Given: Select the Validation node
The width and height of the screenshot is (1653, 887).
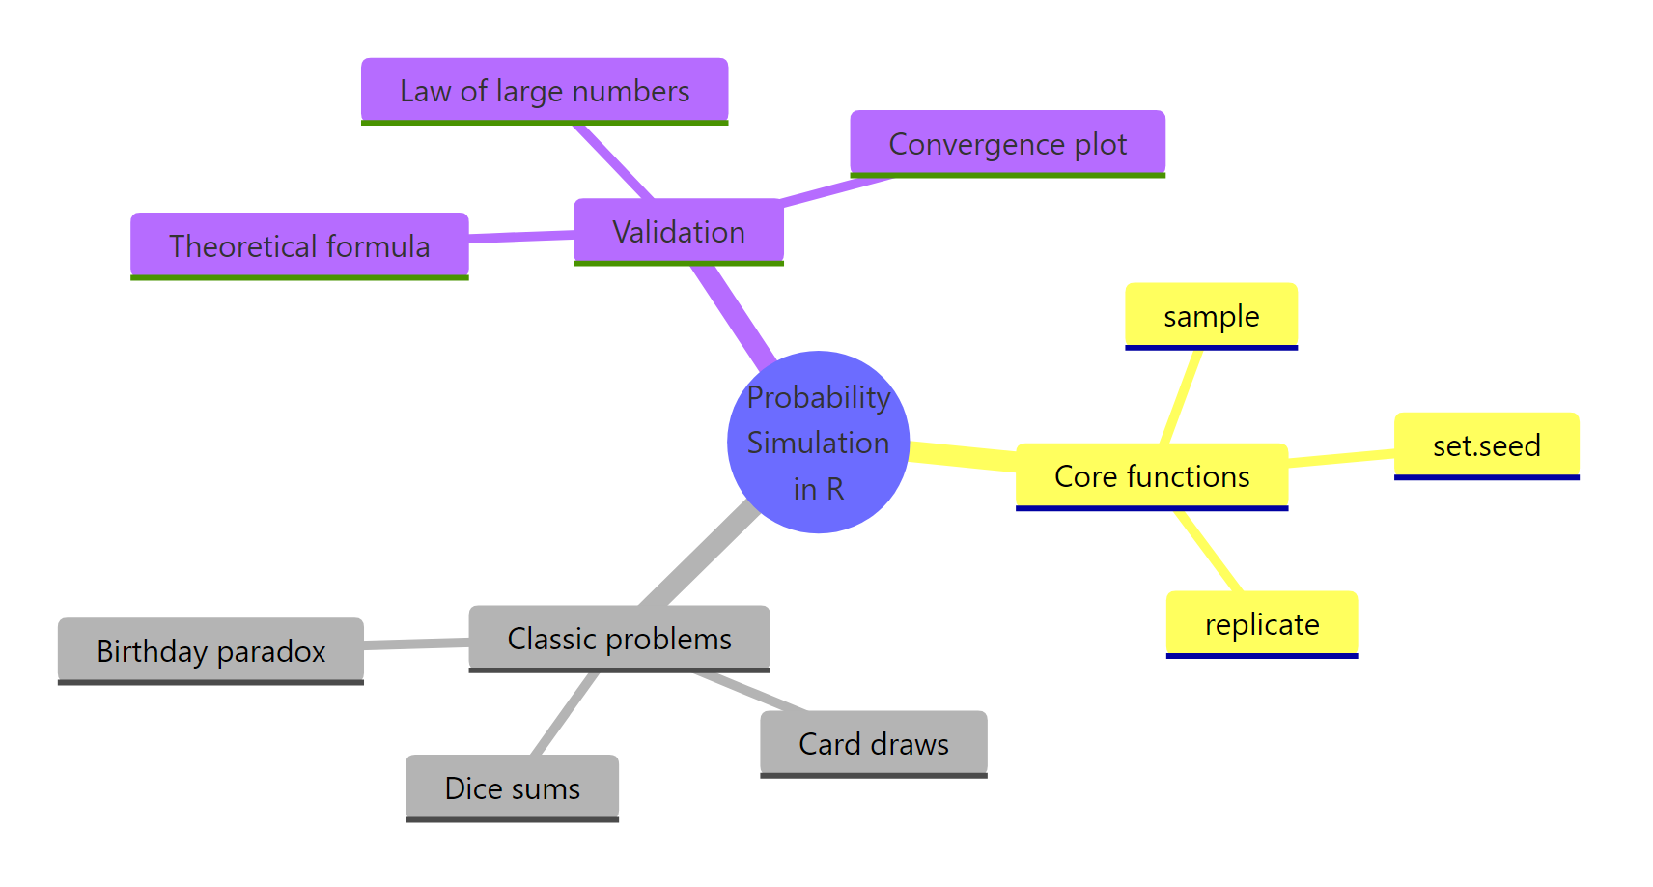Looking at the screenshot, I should [678, 232].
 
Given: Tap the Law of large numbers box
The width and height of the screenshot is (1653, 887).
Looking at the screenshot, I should [545, 91].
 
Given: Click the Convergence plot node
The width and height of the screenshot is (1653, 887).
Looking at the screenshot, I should [1007, 144].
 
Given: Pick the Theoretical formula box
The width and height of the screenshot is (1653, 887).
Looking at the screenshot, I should [299, 246].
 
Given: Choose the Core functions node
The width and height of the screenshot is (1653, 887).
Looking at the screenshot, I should [1151, 476].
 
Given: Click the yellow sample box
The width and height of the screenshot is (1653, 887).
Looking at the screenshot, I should [1211, 316].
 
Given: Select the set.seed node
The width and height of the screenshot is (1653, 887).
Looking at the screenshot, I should [1486, 445].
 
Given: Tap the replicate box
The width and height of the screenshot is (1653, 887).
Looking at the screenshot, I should [1261, 624].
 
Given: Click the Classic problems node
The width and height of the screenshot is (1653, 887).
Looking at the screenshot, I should [619, 639].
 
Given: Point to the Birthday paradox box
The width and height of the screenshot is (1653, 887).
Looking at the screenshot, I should [210, 651].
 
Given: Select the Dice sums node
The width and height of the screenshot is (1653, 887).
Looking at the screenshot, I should [512, 788].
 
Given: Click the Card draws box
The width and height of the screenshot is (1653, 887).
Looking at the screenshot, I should [873, 744].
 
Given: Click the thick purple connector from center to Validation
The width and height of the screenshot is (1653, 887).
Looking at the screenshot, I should [734, 315].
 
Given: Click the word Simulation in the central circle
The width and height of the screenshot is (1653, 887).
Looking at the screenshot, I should [818, 443].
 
